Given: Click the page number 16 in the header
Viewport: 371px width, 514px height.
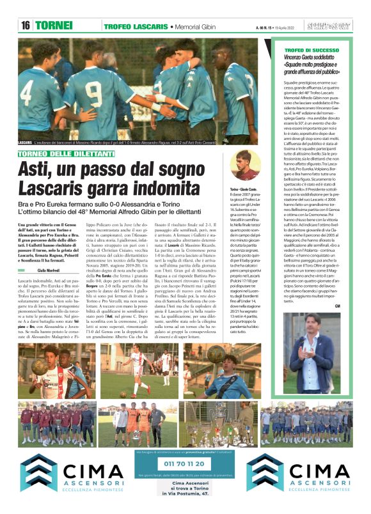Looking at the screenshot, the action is (x=26, y=26).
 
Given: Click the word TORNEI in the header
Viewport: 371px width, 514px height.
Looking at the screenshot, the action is (x=53, y=26).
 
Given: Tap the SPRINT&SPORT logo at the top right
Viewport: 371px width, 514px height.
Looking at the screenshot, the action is (x=330, y=26).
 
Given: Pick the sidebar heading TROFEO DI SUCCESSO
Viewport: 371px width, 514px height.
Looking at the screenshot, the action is (x=312, y=49).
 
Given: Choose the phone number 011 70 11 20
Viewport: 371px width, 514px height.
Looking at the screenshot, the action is (x=185, y=463).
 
